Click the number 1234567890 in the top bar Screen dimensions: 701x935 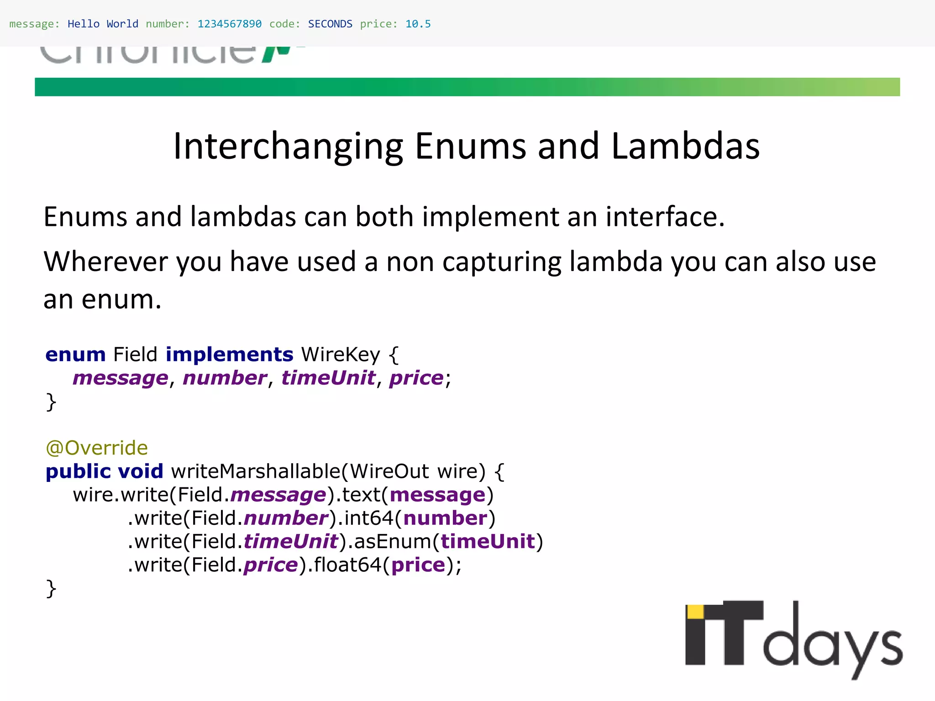(x=229, y=24)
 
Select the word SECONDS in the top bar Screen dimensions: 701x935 (x=330, y=24)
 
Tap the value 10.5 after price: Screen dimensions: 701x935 (x=418, y=24)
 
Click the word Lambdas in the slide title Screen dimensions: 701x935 (x=685, y=146)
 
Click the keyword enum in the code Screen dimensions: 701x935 (x=75, y=355)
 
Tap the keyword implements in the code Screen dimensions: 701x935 (x=229, y=355)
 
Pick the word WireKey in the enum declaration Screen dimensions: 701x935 (x=340, y=355)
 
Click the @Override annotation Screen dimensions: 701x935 (x=97, y=448)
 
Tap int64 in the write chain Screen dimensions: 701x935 (x=368, y=518)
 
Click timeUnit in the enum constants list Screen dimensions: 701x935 (x=328, y=378)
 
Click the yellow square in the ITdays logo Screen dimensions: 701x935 (x=695, y=612)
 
